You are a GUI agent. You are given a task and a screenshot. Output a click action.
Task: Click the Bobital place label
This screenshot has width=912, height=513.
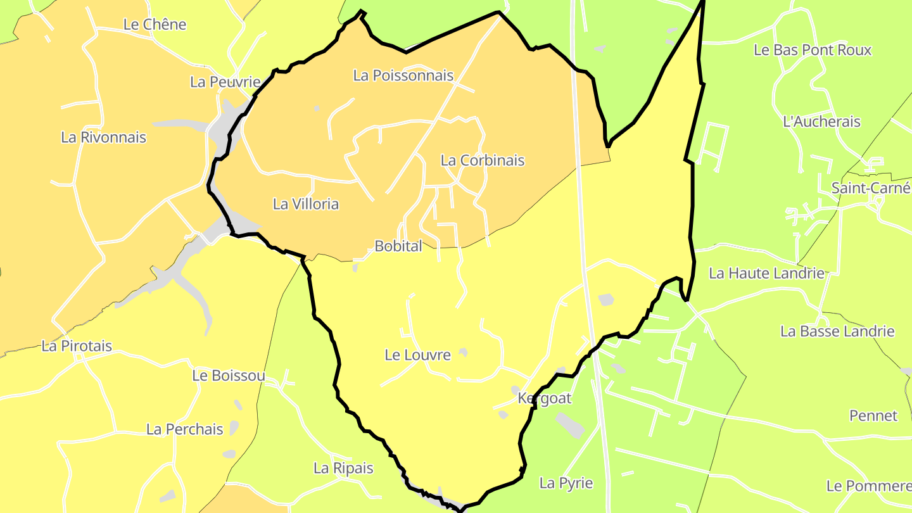point(398,246)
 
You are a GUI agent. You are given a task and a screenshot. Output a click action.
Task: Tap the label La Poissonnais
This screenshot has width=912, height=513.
point(403,75)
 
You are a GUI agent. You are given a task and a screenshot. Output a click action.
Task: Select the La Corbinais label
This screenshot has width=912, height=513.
point(483,160)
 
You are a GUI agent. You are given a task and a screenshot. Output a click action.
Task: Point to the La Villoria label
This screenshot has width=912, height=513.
point(306,204)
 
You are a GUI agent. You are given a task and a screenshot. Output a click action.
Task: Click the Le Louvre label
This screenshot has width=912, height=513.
point(418,355)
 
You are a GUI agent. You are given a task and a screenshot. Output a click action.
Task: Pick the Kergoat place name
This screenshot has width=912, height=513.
point(545,398)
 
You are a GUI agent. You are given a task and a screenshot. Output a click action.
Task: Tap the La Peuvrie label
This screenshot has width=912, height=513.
point(225,82)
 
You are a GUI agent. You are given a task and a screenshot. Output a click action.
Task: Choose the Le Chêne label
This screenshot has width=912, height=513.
point(155,25)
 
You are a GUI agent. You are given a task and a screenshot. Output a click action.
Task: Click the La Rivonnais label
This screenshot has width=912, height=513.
point(104,137)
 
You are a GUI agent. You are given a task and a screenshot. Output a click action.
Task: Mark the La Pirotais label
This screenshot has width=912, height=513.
point(77,346)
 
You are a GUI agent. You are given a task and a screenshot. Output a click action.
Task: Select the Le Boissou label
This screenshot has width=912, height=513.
point(229,376)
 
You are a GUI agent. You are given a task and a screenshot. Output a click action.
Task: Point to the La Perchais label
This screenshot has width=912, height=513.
point(185,429)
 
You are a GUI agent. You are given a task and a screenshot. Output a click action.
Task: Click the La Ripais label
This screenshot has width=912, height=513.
point(344,469)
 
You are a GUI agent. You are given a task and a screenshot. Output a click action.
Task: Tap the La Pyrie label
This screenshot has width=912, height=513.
point(566,483)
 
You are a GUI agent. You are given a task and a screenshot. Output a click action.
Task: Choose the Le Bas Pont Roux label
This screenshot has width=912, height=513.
point(813,50)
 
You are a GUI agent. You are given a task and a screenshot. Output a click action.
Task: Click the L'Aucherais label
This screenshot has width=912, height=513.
point(822,122)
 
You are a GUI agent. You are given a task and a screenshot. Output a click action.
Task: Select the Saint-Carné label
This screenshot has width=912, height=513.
point(871,188)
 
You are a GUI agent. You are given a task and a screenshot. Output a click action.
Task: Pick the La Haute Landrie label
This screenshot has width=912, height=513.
point(767,274)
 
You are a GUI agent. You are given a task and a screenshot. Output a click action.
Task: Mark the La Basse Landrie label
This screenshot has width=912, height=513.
point(837,331)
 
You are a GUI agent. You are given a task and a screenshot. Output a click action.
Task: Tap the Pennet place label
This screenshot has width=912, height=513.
point(873,416)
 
